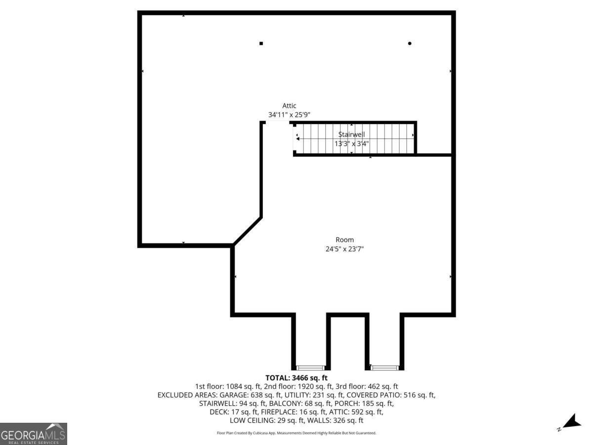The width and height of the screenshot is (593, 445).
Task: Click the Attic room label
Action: point(289,106)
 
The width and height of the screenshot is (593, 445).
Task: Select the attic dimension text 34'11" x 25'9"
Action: point(289,115)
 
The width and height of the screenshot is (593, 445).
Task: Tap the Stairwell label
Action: point(351,134)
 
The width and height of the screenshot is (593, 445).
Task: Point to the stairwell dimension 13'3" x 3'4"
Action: point(351,143)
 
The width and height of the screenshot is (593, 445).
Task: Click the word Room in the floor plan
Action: point(344,240)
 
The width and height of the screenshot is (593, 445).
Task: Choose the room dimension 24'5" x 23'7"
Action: point(344,249)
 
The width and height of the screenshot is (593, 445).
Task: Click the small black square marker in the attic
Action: point(261,43)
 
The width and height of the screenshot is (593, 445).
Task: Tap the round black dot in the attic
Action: point(410,43)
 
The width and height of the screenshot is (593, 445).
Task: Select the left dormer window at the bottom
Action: point(310,368)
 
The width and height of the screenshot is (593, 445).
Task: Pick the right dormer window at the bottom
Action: point(384,368)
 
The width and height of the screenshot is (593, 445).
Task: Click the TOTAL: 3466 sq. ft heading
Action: point(296,378)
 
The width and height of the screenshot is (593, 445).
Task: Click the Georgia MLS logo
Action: point(34,434)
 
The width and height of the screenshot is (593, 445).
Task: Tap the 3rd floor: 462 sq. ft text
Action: point(367,386)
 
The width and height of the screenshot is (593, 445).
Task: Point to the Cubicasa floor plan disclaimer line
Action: point(296,433)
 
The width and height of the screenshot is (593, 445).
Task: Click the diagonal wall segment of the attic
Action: point(248,231)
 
